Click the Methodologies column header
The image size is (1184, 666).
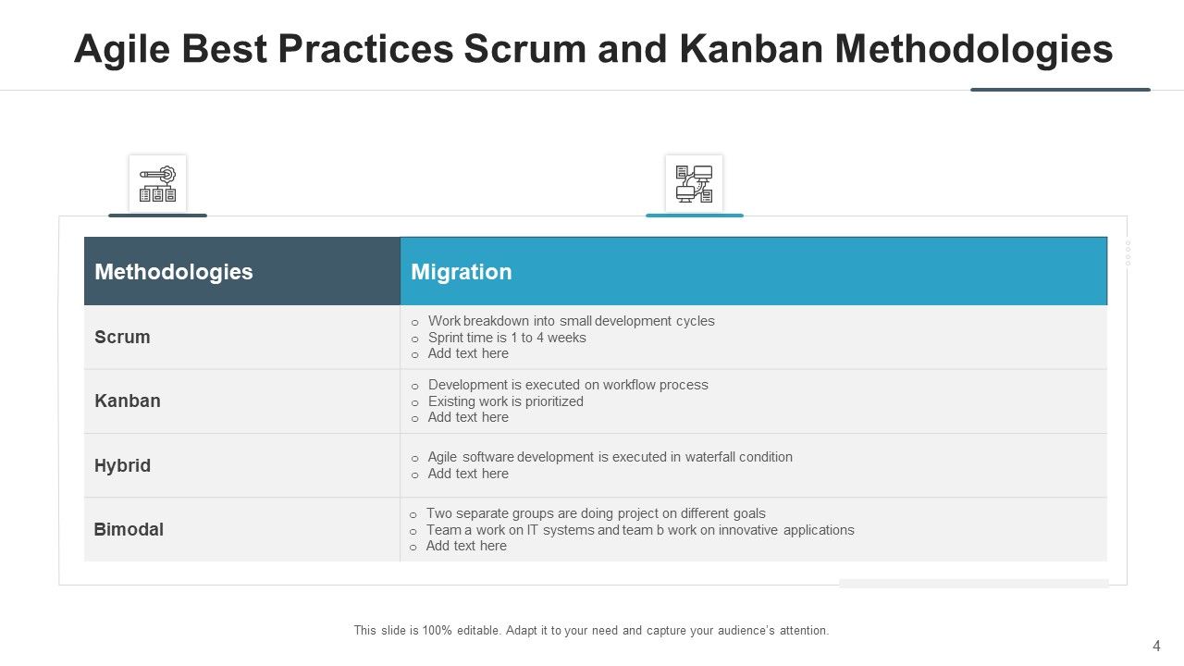point(173,272)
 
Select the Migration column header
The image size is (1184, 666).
point(461,272)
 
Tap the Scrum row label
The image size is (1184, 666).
point(122,338)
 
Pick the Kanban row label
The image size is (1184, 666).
point(128,401)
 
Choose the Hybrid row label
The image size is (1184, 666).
point(122,465)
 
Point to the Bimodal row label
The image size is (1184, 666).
point(129,530)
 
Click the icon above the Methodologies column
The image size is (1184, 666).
point(157,183)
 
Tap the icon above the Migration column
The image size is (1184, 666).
point(694,183)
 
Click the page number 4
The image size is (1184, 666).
point(1156,647)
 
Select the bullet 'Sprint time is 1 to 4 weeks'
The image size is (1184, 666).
point(507,338)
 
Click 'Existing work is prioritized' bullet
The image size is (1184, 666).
point(505,401)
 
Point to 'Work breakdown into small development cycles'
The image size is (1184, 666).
point(571,321)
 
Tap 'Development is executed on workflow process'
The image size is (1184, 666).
point(568,385)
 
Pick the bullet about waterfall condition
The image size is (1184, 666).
point(610,457)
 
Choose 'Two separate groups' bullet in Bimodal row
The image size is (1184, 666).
point(596,513)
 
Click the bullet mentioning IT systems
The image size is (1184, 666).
point(640,530)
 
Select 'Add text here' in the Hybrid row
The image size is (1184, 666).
point(468,474)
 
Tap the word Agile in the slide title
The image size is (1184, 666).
point(117,49)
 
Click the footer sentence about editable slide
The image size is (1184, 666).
point(591,631)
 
